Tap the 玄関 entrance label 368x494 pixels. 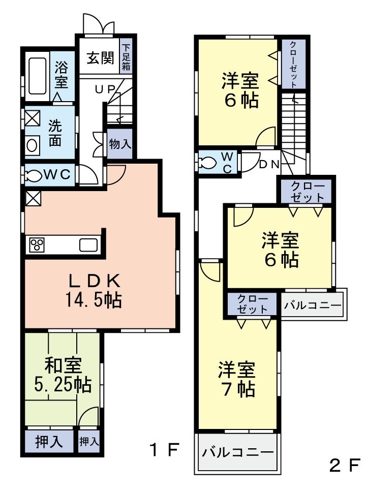pos(99,58)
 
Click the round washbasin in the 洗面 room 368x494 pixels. pos(32,145)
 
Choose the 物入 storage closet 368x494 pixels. pos(120,144)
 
